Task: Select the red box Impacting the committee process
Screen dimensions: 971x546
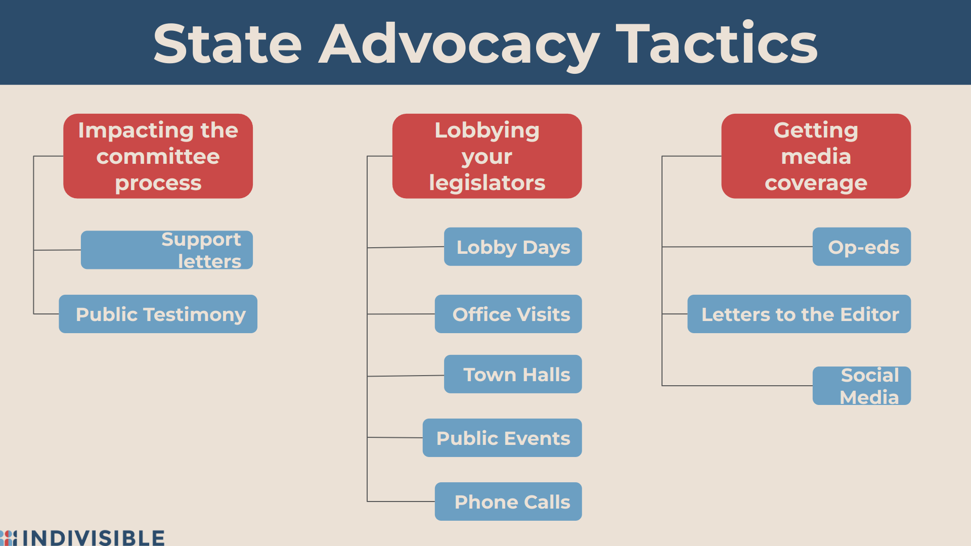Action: [158, 156]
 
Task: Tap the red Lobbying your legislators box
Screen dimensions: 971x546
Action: [487, 156]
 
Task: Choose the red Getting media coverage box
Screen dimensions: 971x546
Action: [816, 156]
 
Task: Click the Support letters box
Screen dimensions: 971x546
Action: [167, 250]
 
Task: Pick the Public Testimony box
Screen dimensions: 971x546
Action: [158, 314]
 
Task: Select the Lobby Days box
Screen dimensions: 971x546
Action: [513, 247]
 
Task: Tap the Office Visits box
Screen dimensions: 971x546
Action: [508, 314]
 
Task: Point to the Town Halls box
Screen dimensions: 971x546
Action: [513, 374]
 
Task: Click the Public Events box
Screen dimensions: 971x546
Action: [502, 438]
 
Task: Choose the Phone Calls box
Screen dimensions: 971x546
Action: [508, 502]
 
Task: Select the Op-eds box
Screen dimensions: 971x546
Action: [862, 247]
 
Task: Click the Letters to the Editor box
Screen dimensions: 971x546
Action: [799, 314]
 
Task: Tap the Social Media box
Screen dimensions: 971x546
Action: [862, 386]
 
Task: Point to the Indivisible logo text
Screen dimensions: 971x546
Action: [94, 538]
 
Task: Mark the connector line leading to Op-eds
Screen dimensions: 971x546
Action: [737, 247]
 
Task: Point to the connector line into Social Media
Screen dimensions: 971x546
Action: [737, 386]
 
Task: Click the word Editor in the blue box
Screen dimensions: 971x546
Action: [869, 314]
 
